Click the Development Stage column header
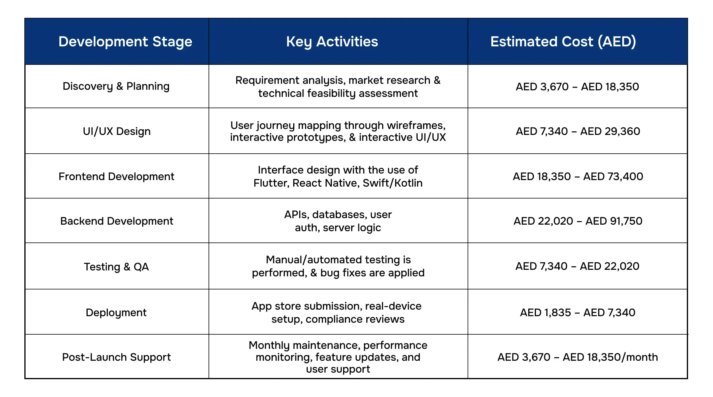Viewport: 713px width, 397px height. coord(125,42)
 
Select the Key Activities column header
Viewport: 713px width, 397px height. coord(332,42)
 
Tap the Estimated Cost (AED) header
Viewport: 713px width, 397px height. coord(563,42)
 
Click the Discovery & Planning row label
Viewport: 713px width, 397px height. coord(116,86)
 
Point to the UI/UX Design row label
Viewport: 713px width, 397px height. coord(117,131)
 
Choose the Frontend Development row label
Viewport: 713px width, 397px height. coord(116,177)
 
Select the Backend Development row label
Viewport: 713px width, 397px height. coord(116,221)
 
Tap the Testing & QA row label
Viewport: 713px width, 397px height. coord(116,267)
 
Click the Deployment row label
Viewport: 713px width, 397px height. coord(116,313)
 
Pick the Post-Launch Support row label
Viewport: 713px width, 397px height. coord(116,357)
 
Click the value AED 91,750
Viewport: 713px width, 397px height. coord(614,221)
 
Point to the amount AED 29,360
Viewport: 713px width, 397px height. coord(610,131)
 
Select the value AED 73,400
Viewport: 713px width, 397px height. coord(613,177)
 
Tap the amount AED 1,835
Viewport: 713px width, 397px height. coord(545,313)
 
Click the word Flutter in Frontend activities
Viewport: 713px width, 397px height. coord(271,183)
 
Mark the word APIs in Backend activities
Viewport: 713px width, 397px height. coord(296,215)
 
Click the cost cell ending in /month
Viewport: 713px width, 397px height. coord(578,357)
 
